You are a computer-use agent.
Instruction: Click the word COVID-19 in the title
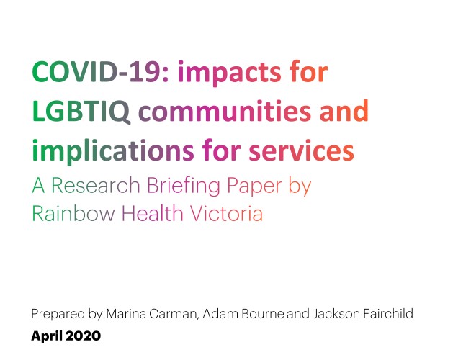(100, 71)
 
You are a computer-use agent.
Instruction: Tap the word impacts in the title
(230, 73)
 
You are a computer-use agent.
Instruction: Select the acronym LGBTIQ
(81, 111)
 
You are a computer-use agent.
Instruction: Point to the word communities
(225, 111)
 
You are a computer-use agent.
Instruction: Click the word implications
(113, 151)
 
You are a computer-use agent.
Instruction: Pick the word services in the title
(301, 150)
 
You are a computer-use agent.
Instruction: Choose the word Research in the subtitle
(96, 185)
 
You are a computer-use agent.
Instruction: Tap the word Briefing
(184, 186)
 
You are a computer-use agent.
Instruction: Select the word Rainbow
(73, 213)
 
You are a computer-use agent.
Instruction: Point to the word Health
(153, 213)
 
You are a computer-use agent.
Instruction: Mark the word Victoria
(226, 213)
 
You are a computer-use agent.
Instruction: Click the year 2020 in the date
(83, 336)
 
